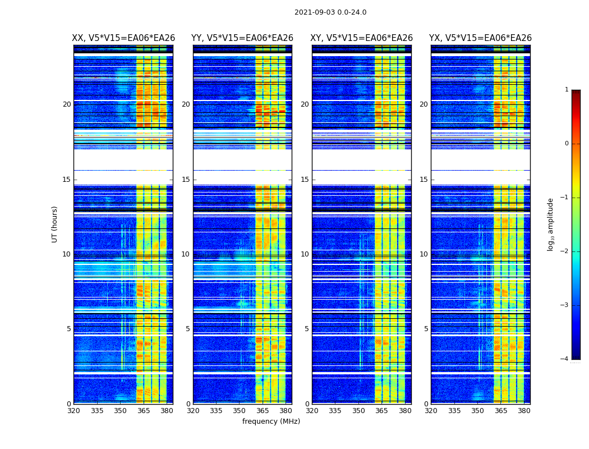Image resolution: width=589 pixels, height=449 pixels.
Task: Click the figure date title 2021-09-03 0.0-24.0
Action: [330, 12]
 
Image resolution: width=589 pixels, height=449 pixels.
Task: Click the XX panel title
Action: [123, 38]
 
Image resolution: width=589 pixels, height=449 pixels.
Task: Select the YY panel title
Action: [242, 38]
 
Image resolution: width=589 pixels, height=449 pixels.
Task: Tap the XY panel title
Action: [362, 38]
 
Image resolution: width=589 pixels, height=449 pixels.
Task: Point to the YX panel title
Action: [480, 38]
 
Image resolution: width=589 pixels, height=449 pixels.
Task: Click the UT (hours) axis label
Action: [55, 224]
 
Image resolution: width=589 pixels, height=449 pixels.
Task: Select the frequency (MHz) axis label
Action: [271, 421]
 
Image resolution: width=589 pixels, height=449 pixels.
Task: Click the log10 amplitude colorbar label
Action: [551, 224]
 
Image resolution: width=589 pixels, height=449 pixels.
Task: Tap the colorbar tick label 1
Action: [567, 90]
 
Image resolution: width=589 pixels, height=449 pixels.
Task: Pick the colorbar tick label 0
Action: [567, 144]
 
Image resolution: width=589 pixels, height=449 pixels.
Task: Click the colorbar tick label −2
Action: [565, 251]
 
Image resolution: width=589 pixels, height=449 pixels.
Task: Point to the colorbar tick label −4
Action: [565, 359]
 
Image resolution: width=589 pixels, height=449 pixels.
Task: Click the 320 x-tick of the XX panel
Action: [73, 411]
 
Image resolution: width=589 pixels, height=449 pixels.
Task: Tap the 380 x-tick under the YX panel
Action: [524, 411]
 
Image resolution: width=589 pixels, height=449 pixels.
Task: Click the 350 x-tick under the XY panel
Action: [358, 411]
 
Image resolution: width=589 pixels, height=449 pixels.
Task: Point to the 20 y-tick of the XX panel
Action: [67, 104]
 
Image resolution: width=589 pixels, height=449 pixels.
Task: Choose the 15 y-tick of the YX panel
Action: [426, 180]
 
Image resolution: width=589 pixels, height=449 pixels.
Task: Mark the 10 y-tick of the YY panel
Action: [186, 254]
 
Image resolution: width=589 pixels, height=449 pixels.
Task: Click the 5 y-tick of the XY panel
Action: [307, 329]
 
